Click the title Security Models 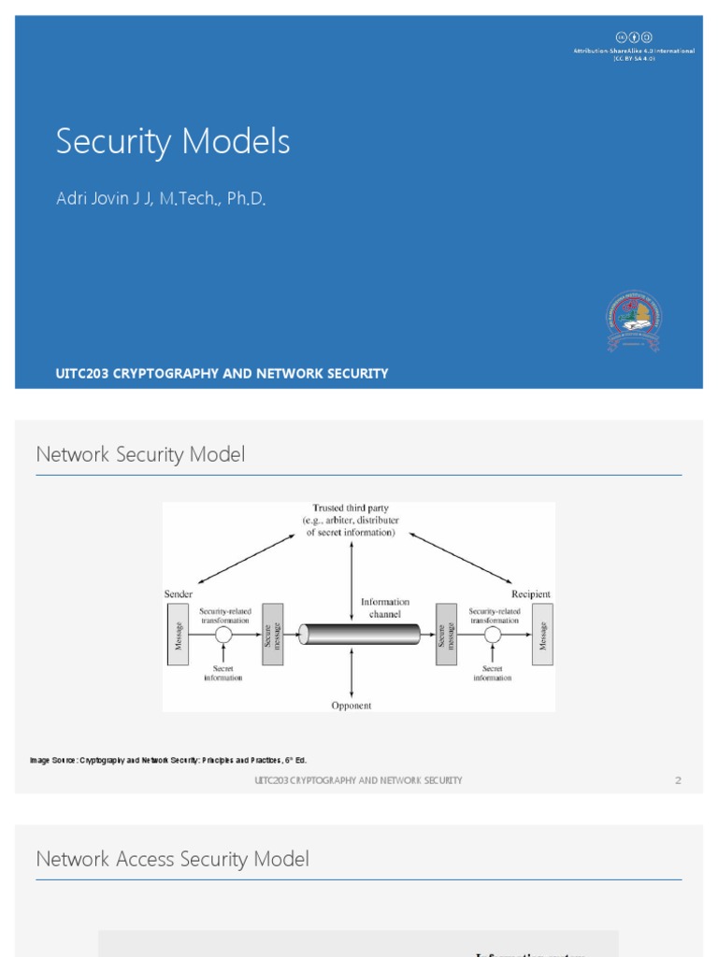[x=173, y=142]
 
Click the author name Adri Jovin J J [x=161, y=198]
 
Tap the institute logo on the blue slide [x=633, y=321]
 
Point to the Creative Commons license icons [x=633, y=36]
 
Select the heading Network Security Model [x=140, y=455]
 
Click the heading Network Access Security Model [x=172, y=859]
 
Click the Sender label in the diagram [x=179, y=594]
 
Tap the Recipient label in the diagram [x=531, y=594]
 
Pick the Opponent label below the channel [x=352, y=706]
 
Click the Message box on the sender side [x=178, y=635]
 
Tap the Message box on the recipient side [x=542, y=635]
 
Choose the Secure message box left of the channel [x=272, y=635]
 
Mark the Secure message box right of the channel [x=446, y=635]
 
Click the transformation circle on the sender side [x=223, y=635]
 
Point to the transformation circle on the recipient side [x=493, y=635]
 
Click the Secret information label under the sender [x=223, y=673]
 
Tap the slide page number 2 [x=678, y=780]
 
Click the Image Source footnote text [x=168, y=761]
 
